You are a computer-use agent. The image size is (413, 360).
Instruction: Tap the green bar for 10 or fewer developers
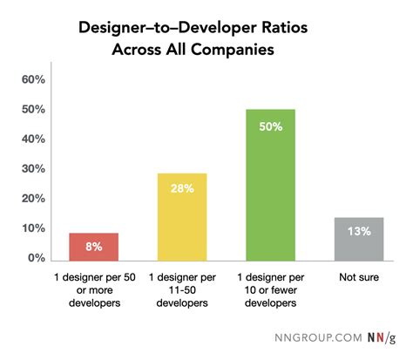(270, 185)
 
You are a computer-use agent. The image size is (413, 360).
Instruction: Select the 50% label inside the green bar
(270, 125)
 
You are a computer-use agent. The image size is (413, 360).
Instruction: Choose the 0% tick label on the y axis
(36, 259)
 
